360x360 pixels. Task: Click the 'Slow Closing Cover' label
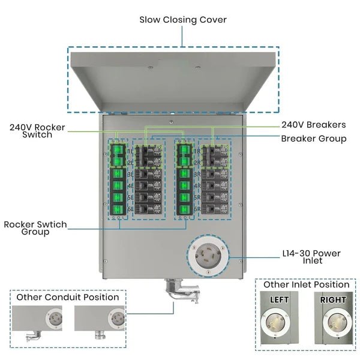[183, 20]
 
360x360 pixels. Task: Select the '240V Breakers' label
[313, 125]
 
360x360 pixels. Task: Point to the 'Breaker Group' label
[313, 139]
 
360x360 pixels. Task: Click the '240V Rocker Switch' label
[37, 131]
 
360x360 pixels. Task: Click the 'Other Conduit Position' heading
[68, 297]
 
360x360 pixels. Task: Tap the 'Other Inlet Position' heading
[307, 284]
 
